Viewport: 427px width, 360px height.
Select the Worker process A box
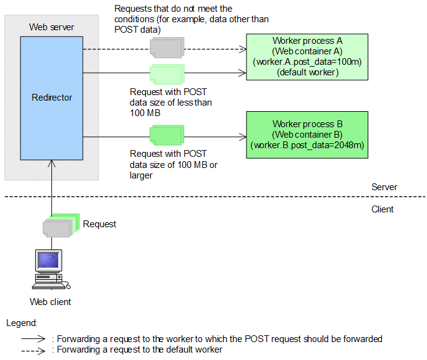click(x=307, y=57)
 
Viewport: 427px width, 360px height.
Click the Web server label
click(x=52, y=27)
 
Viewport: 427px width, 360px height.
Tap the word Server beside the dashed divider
click(x=384, y=187)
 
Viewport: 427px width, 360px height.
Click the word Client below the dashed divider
click(x=383, y=209)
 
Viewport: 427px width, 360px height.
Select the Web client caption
click(x=50, y=302)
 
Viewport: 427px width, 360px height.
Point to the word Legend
click(x=22, y=323)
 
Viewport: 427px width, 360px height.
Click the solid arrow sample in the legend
click(x=33, y=339)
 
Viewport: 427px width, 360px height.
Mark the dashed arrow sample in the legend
click(x=33, y=350)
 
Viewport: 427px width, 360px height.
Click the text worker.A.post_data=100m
click(x=307, y=62)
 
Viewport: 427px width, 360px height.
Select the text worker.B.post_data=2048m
click(x=307, y=146)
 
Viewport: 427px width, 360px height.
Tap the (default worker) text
click(x=307, y=72)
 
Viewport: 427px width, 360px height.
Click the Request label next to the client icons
click(x=99, y=224)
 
